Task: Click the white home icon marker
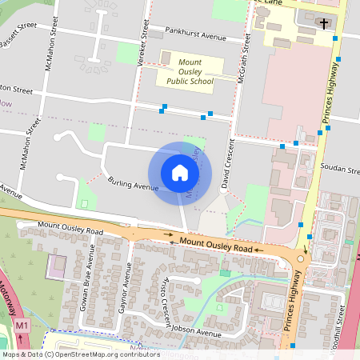point(179,173)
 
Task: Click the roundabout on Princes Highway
point(301,258)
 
